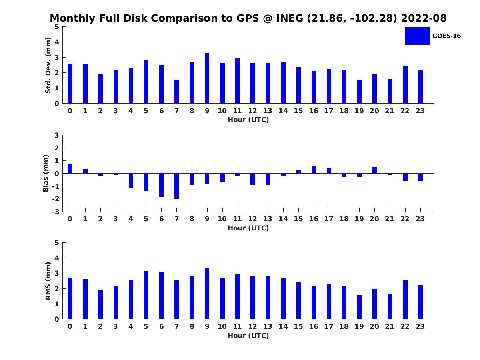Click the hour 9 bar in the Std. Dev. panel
point(207,78)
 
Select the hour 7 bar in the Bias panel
point(176,186)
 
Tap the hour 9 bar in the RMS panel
point(207,293)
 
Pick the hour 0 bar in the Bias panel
point(70,169)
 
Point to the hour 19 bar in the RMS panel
point(359,307)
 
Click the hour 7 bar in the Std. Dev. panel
point(176,92)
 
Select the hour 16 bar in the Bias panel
point(314,170)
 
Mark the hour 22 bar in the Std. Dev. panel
point(405,84)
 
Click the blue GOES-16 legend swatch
point(417,36)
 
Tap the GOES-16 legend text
point(446,36)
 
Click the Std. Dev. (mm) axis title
point(48,65)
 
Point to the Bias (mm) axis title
point(46,173)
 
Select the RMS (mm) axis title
point(48,281)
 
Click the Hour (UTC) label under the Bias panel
point(248,228)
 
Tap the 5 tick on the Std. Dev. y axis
point(57,27)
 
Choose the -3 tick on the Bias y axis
point(56,212)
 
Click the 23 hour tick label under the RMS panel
point(420,326)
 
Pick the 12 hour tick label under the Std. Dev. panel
point(252,111)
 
